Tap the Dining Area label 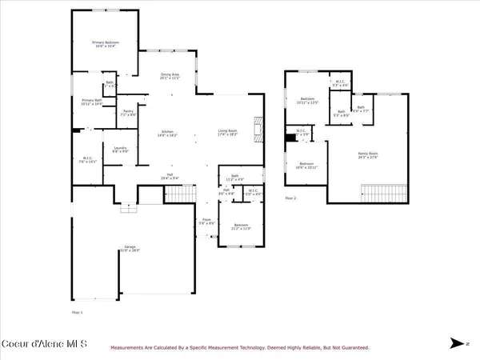coord(169,76)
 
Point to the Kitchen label coord(169,134)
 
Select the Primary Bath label coord(93,102)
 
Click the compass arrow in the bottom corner coord(458,344)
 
